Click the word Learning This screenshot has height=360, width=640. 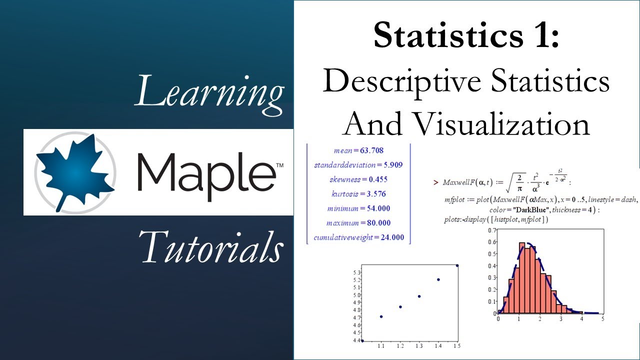209,91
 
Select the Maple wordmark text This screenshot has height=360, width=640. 205,173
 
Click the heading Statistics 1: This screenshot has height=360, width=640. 466,36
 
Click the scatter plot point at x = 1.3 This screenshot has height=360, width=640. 419,296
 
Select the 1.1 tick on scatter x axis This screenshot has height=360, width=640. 381,345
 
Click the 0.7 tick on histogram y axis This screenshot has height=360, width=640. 492,230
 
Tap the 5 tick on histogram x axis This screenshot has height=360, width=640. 602,318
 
